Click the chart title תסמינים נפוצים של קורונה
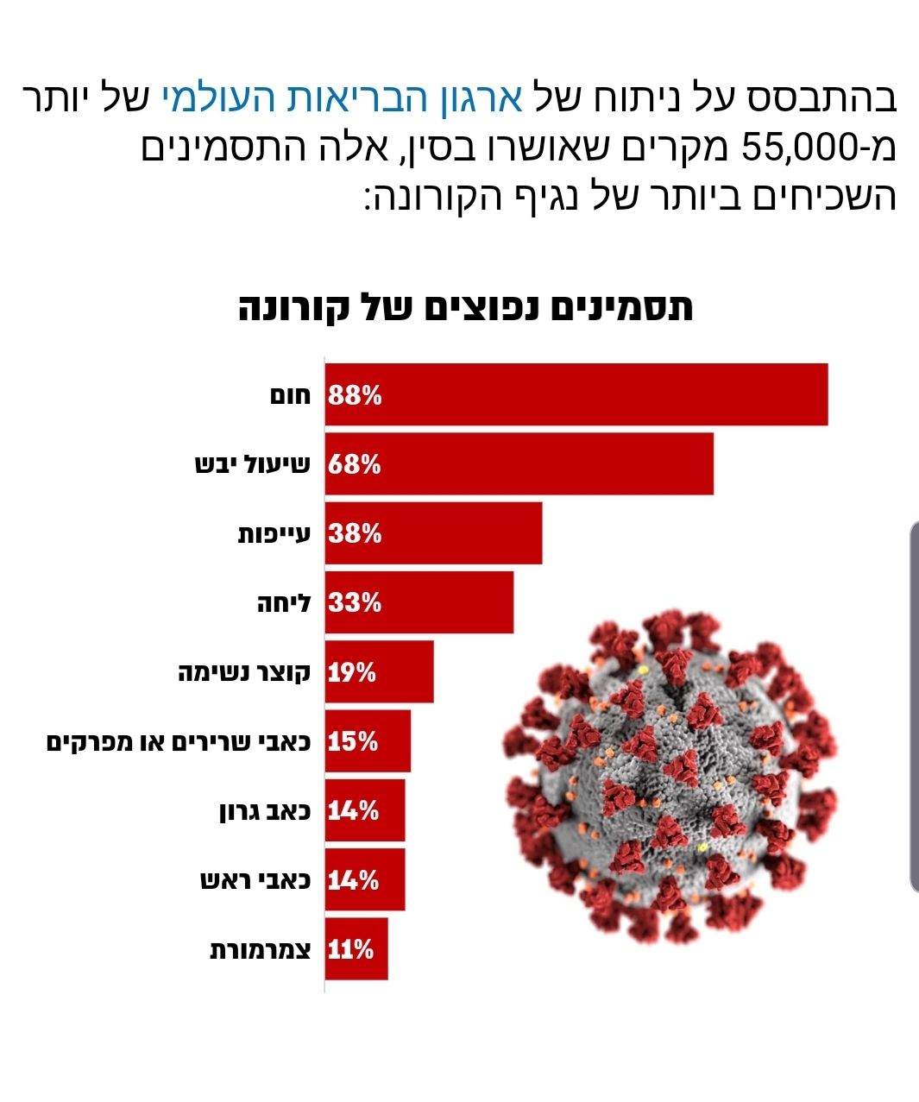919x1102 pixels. [x=465, y=308]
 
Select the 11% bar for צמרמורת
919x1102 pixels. [x=356, y=949]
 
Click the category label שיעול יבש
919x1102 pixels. [x=252, y=465]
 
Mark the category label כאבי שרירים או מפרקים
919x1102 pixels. [x=179, y=741]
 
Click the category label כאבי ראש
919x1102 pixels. [x=255, y=880]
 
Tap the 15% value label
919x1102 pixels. [x=353, y=741]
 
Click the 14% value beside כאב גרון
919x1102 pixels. [x=353, y=811]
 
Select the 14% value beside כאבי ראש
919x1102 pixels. [x=353, y=880]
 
